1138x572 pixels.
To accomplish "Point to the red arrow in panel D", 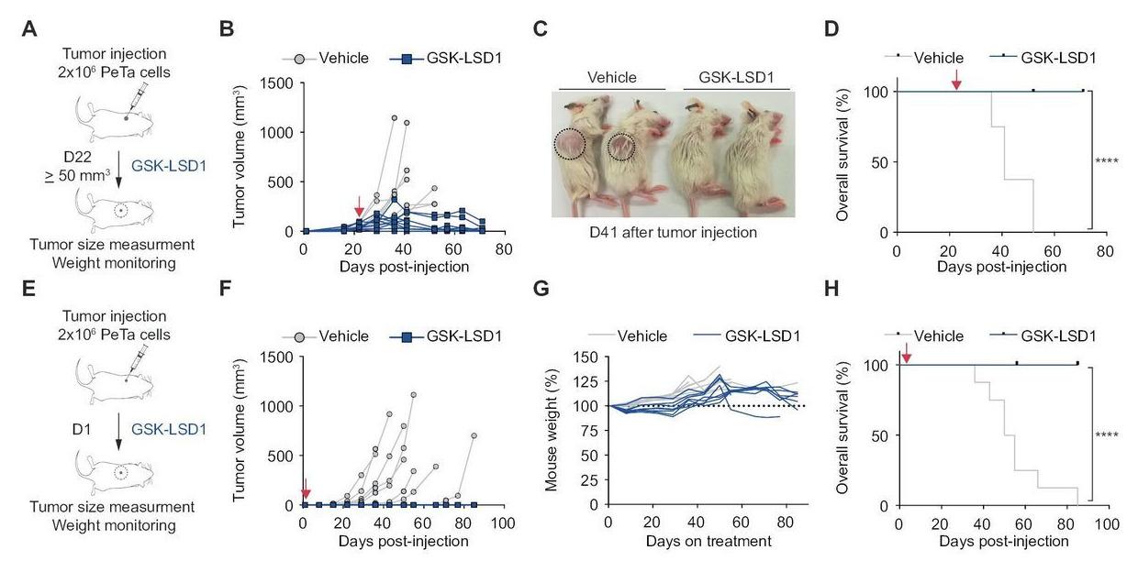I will click(x=956, y=82).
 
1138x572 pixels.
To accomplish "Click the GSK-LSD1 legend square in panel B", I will click(x=404, y=59).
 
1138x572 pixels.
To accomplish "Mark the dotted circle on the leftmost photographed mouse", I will click(x=569, y=147).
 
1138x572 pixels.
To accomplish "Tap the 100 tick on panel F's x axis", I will click(x=502, y=522).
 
